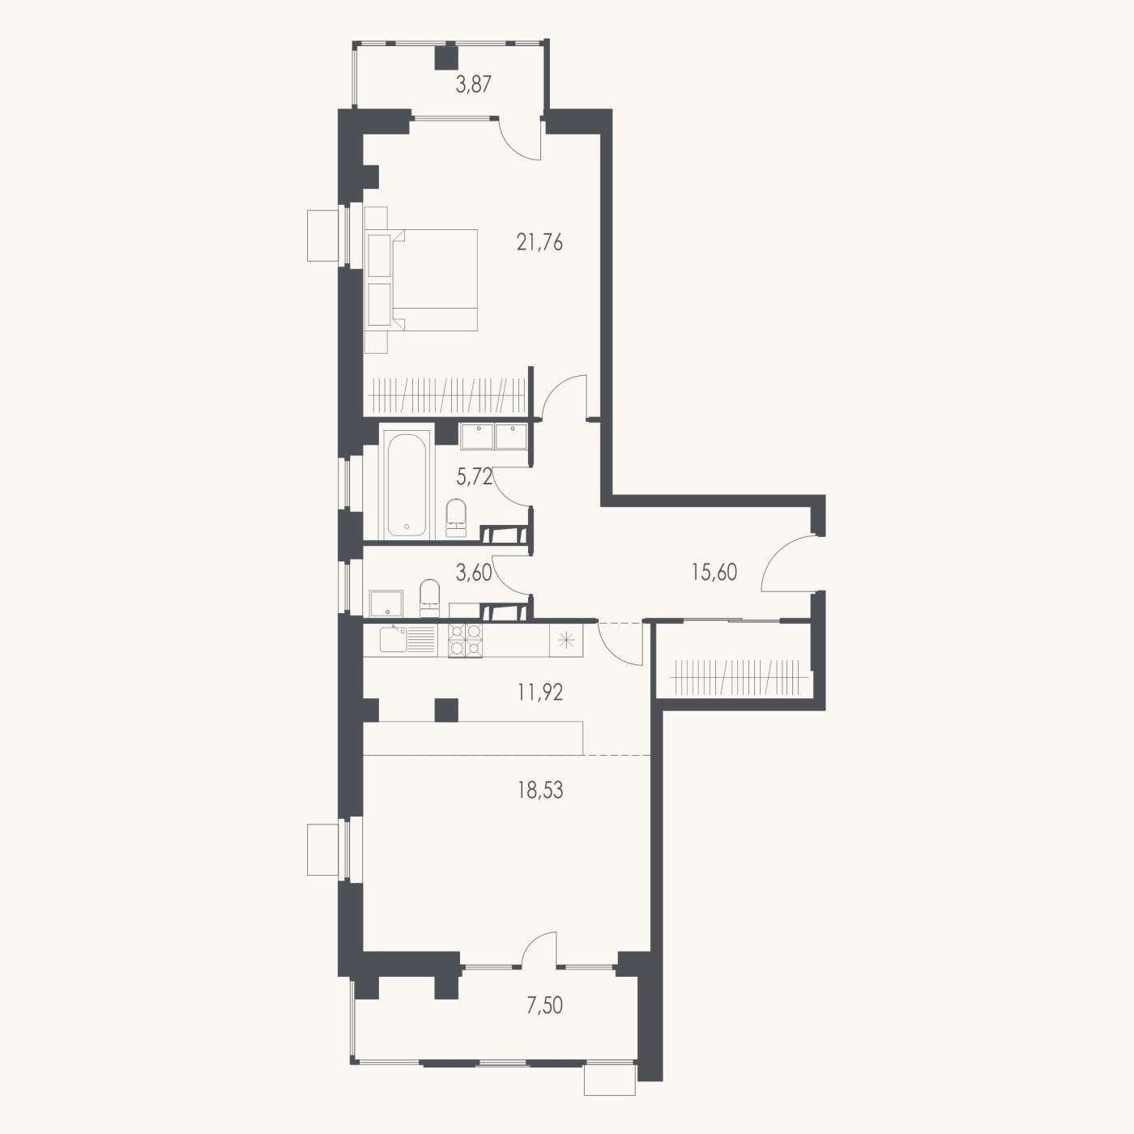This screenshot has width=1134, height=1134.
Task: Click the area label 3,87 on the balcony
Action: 473,85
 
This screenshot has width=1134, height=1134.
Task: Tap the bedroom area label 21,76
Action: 539,242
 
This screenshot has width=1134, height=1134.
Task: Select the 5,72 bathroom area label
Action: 474,476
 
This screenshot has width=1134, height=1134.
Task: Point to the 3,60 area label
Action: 474,572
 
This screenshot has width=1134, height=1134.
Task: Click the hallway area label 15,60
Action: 714,572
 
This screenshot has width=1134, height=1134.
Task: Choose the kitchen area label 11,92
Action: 540,692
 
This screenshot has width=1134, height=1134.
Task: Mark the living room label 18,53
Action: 540,791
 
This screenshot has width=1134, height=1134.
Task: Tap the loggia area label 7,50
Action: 545,1006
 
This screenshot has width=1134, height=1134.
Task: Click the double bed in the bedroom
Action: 420,280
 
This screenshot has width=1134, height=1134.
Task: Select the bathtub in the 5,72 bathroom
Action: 407,484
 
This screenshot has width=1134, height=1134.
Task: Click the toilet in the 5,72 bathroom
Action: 455,518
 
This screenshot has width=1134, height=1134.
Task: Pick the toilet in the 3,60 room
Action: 430,598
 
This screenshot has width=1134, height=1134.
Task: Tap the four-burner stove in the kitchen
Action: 465,640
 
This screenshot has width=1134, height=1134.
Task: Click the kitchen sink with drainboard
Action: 407,640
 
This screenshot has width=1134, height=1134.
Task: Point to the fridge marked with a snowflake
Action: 566,640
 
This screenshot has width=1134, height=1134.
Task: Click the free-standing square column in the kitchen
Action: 446,710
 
